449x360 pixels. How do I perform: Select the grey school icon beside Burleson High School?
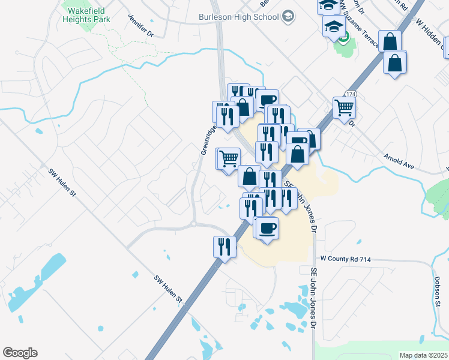pyautogui.click(x=289, y=16)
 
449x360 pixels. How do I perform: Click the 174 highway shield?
pyautogui.click(x=351, y=94)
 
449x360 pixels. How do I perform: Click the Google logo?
pyautogui.click(x=20, y=353)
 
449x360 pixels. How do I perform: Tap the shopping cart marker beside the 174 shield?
pyautogui.click(x=344, y=108)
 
